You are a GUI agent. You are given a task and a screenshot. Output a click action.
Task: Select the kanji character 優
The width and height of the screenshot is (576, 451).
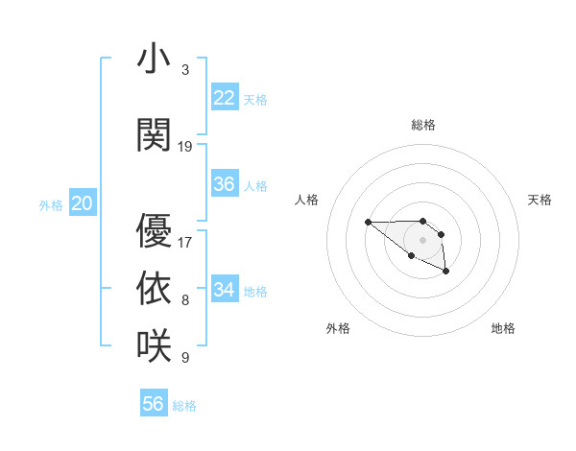tap(155, 231)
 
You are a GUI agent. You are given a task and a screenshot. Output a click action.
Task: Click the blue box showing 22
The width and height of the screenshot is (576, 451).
tap(224, 98)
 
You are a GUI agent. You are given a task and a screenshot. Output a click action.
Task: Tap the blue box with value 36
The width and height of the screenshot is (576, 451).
tap(224, 184)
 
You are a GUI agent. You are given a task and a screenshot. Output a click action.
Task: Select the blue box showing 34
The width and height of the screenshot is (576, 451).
tap(224, 290)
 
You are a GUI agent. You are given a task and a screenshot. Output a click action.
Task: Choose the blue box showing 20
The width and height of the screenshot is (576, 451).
tap(83, 203)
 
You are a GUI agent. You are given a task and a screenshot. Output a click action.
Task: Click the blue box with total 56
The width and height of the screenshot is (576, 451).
tap(154, 404)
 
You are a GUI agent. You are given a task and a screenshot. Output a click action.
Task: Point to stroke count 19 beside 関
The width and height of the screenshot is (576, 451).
tap(185, 146)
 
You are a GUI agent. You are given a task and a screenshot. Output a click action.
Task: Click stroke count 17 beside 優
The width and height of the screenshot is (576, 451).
tap(185, 242)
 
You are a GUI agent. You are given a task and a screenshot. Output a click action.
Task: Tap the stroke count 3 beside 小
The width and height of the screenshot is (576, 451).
tap(185, 70)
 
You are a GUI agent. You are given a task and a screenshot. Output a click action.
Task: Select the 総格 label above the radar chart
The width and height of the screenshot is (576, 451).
tap(423, 125)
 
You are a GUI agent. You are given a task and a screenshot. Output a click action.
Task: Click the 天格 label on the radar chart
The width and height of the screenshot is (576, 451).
tap(540, 200)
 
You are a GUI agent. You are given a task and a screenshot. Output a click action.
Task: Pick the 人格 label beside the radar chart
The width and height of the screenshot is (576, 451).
tap(306, 200)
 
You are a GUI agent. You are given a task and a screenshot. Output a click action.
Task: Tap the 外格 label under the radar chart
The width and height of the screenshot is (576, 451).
tap(338, 328)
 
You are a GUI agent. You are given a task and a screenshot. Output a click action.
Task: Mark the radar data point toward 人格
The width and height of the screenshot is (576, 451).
tap(368, 223)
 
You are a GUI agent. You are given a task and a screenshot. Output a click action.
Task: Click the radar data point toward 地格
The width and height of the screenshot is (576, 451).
tap(446, 273)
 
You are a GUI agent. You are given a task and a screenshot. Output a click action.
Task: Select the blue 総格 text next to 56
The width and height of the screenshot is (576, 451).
tap(184, 405)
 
